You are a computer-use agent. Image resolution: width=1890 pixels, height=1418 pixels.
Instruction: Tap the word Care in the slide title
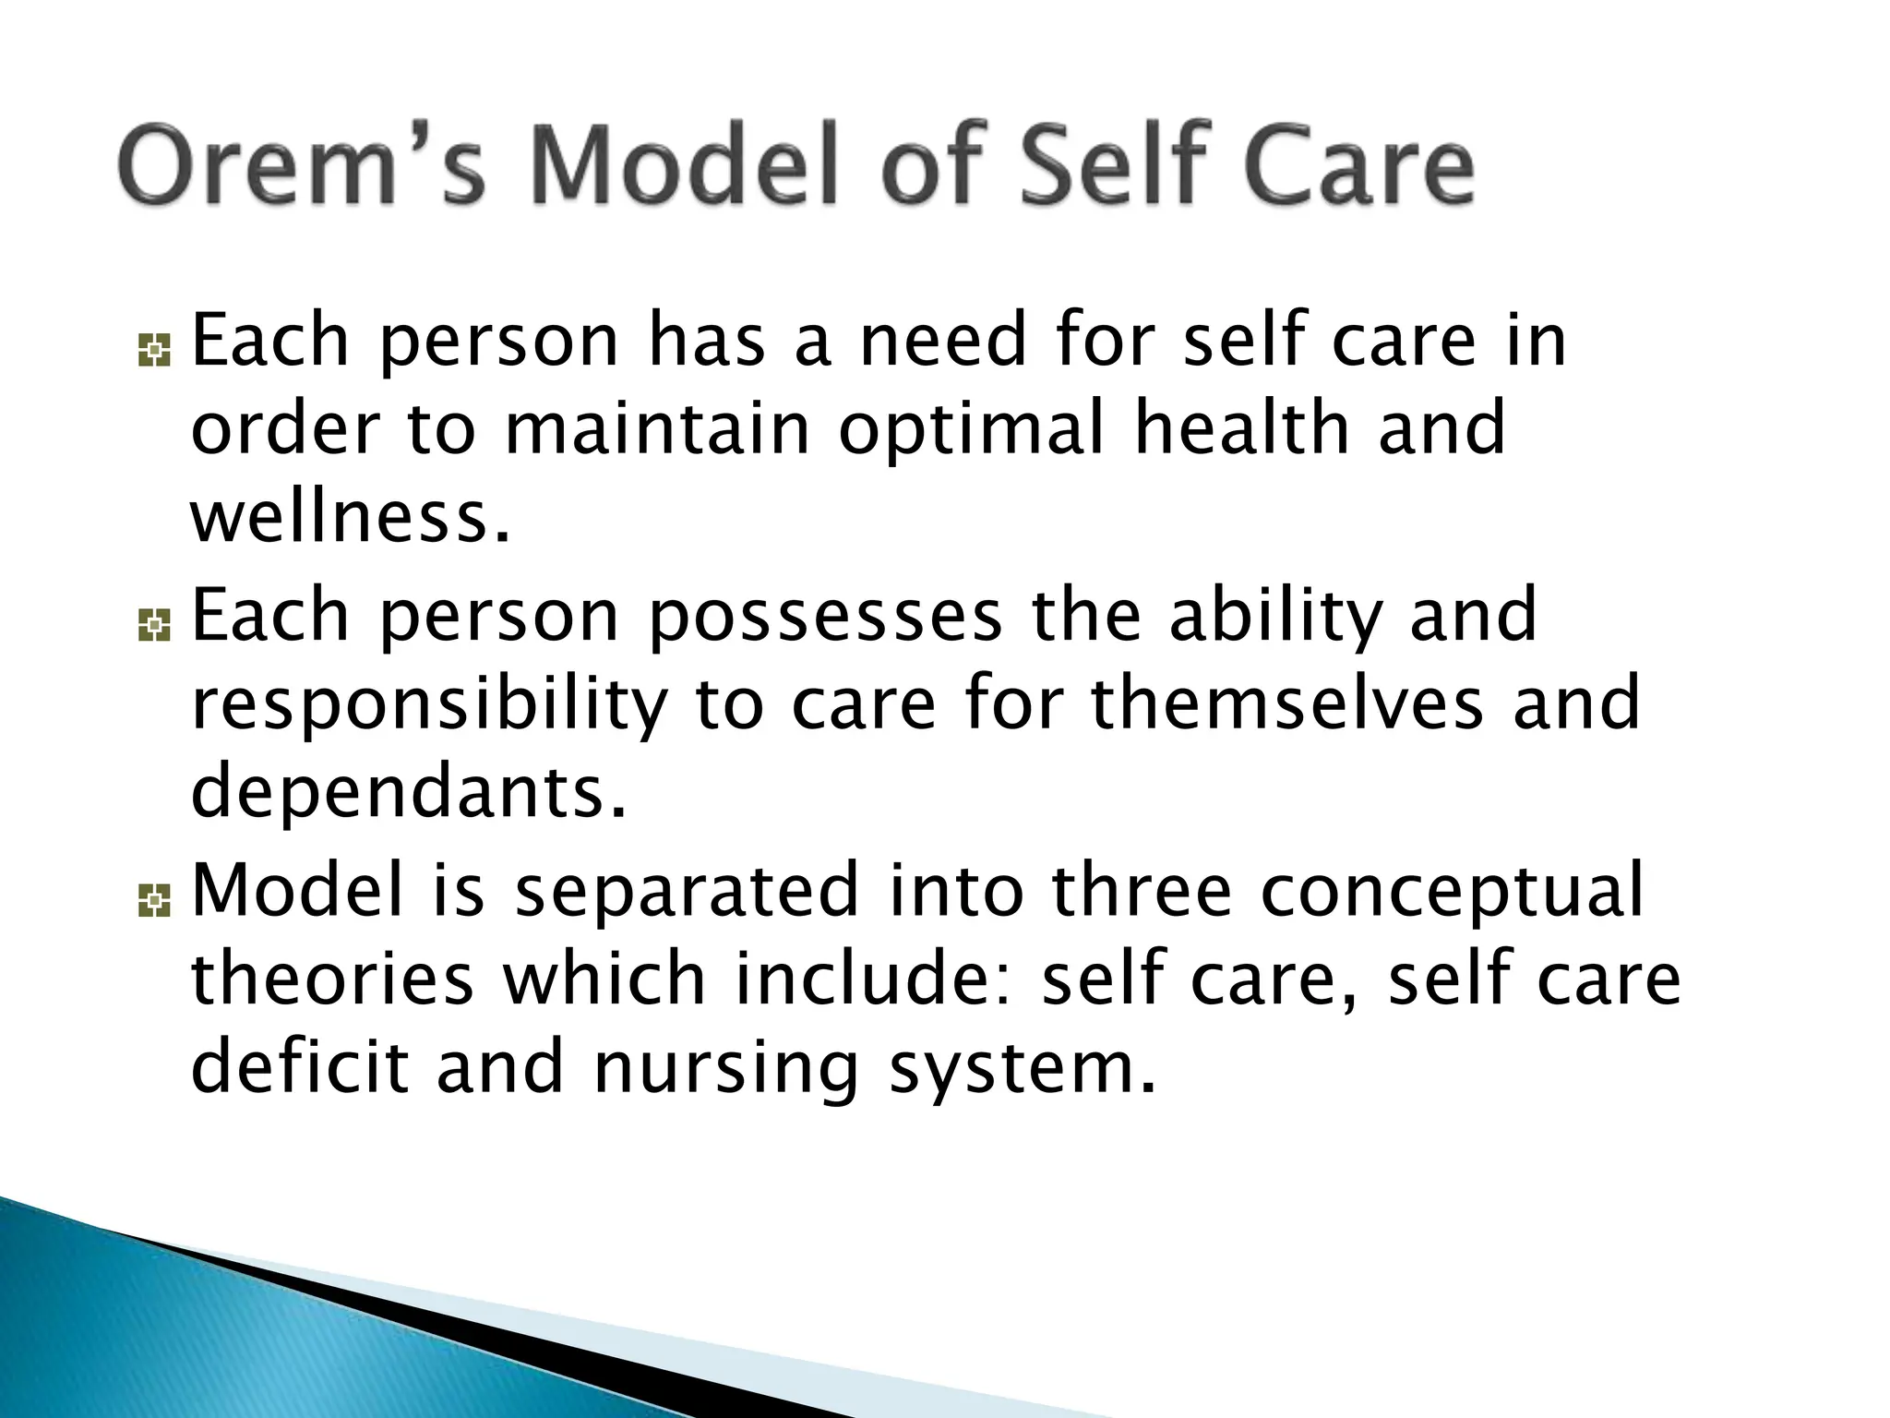click(1357, 166)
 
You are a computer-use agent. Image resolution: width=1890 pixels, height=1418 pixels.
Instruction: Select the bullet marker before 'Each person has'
click(154, 351)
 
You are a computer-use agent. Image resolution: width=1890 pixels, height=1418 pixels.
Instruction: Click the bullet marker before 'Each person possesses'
click(154, 626)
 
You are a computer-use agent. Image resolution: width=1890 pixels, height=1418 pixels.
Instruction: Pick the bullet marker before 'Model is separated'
click(154, 900)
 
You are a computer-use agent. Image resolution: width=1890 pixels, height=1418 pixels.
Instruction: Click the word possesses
click(825, 618)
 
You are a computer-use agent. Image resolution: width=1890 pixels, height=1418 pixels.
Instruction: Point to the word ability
click(1276, 618)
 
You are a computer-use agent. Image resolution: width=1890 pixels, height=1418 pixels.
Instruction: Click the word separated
click(687, 892)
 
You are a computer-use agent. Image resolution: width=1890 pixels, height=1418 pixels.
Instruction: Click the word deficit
click(299, 1065)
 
